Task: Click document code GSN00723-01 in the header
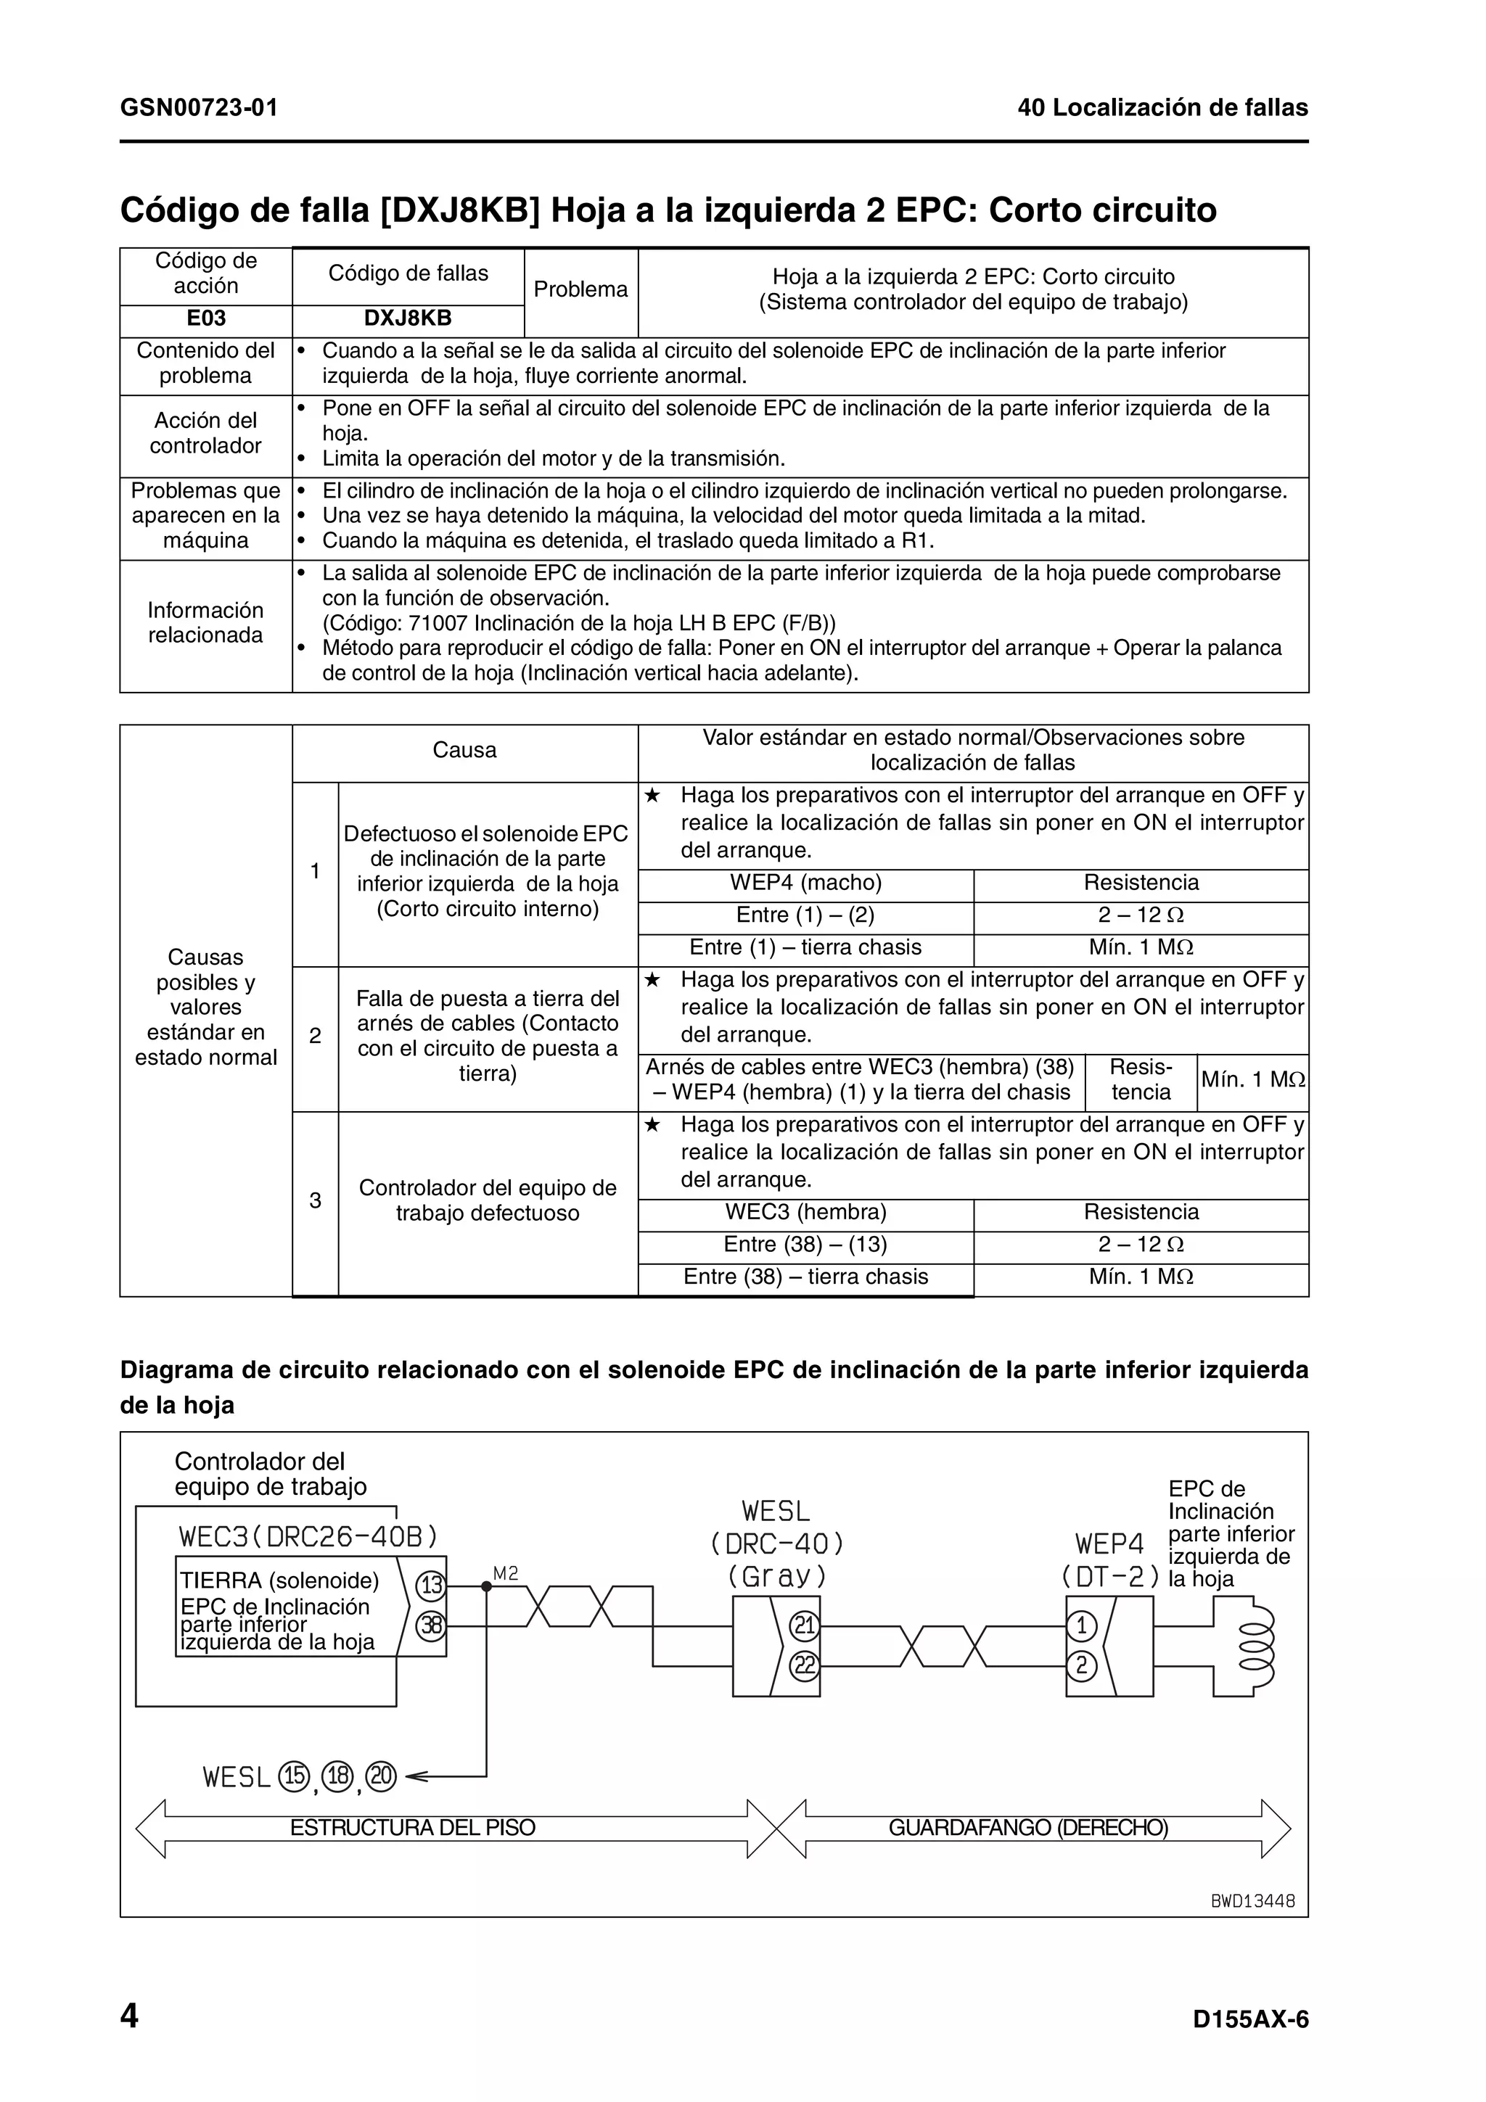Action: (199, 108)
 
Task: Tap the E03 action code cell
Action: (206, 318)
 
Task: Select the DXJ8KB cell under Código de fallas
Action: (408, 318)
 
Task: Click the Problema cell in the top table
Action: (580, 290)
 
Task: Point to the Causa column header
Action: (464, 751)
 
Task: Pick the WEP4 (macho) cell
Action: (805, 883)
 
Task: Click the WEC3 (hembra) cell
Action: (805, 1213)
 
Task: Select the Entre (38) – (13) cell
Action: (805, 1245)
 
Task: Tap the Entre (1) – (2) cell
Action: (805, 915)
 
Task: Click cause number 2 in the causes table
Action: (315, 1036)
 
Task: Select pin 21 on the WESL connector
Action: (805, 1626)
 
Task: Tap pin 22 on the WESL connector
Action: (805, 1665)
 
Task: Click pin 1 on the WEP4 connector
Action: (1081, 1626)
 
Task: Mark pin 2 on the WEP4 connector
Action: (1081, 1665)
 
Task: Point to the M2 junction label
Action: (506, 1574)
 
